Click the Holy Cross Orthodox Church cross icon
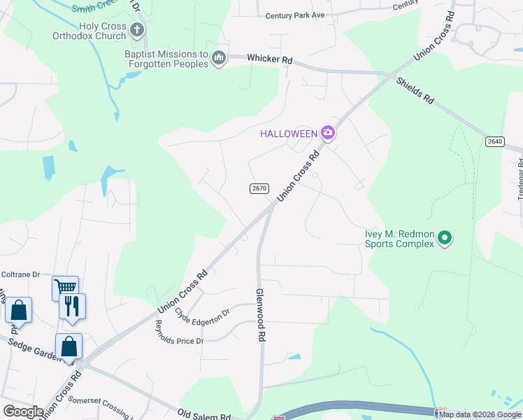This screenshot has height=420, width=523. point(137,30)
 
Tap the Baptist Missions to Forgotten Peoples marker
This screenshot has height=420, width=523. point(219,57)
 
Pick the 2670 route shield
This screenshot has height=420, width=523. point(259,189)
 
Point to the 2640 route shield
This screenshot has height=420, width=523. point(494,141)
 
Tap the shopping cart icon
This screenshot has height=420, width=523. point(65,287)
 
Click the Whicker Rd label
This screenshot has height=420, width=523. point(269,59)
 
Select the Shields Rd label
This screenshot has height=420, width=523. point(415,90)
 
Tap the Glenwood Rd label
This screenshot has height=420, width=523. point(261,315)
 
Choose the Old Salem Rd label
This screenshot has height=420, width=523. point(204,416)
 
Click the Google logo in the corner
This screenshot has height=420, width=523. point(23,411)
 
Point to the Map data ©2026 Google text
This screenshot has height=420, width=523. point(481,415)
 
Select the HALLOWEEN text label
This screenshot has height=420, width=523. point(288,133)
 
